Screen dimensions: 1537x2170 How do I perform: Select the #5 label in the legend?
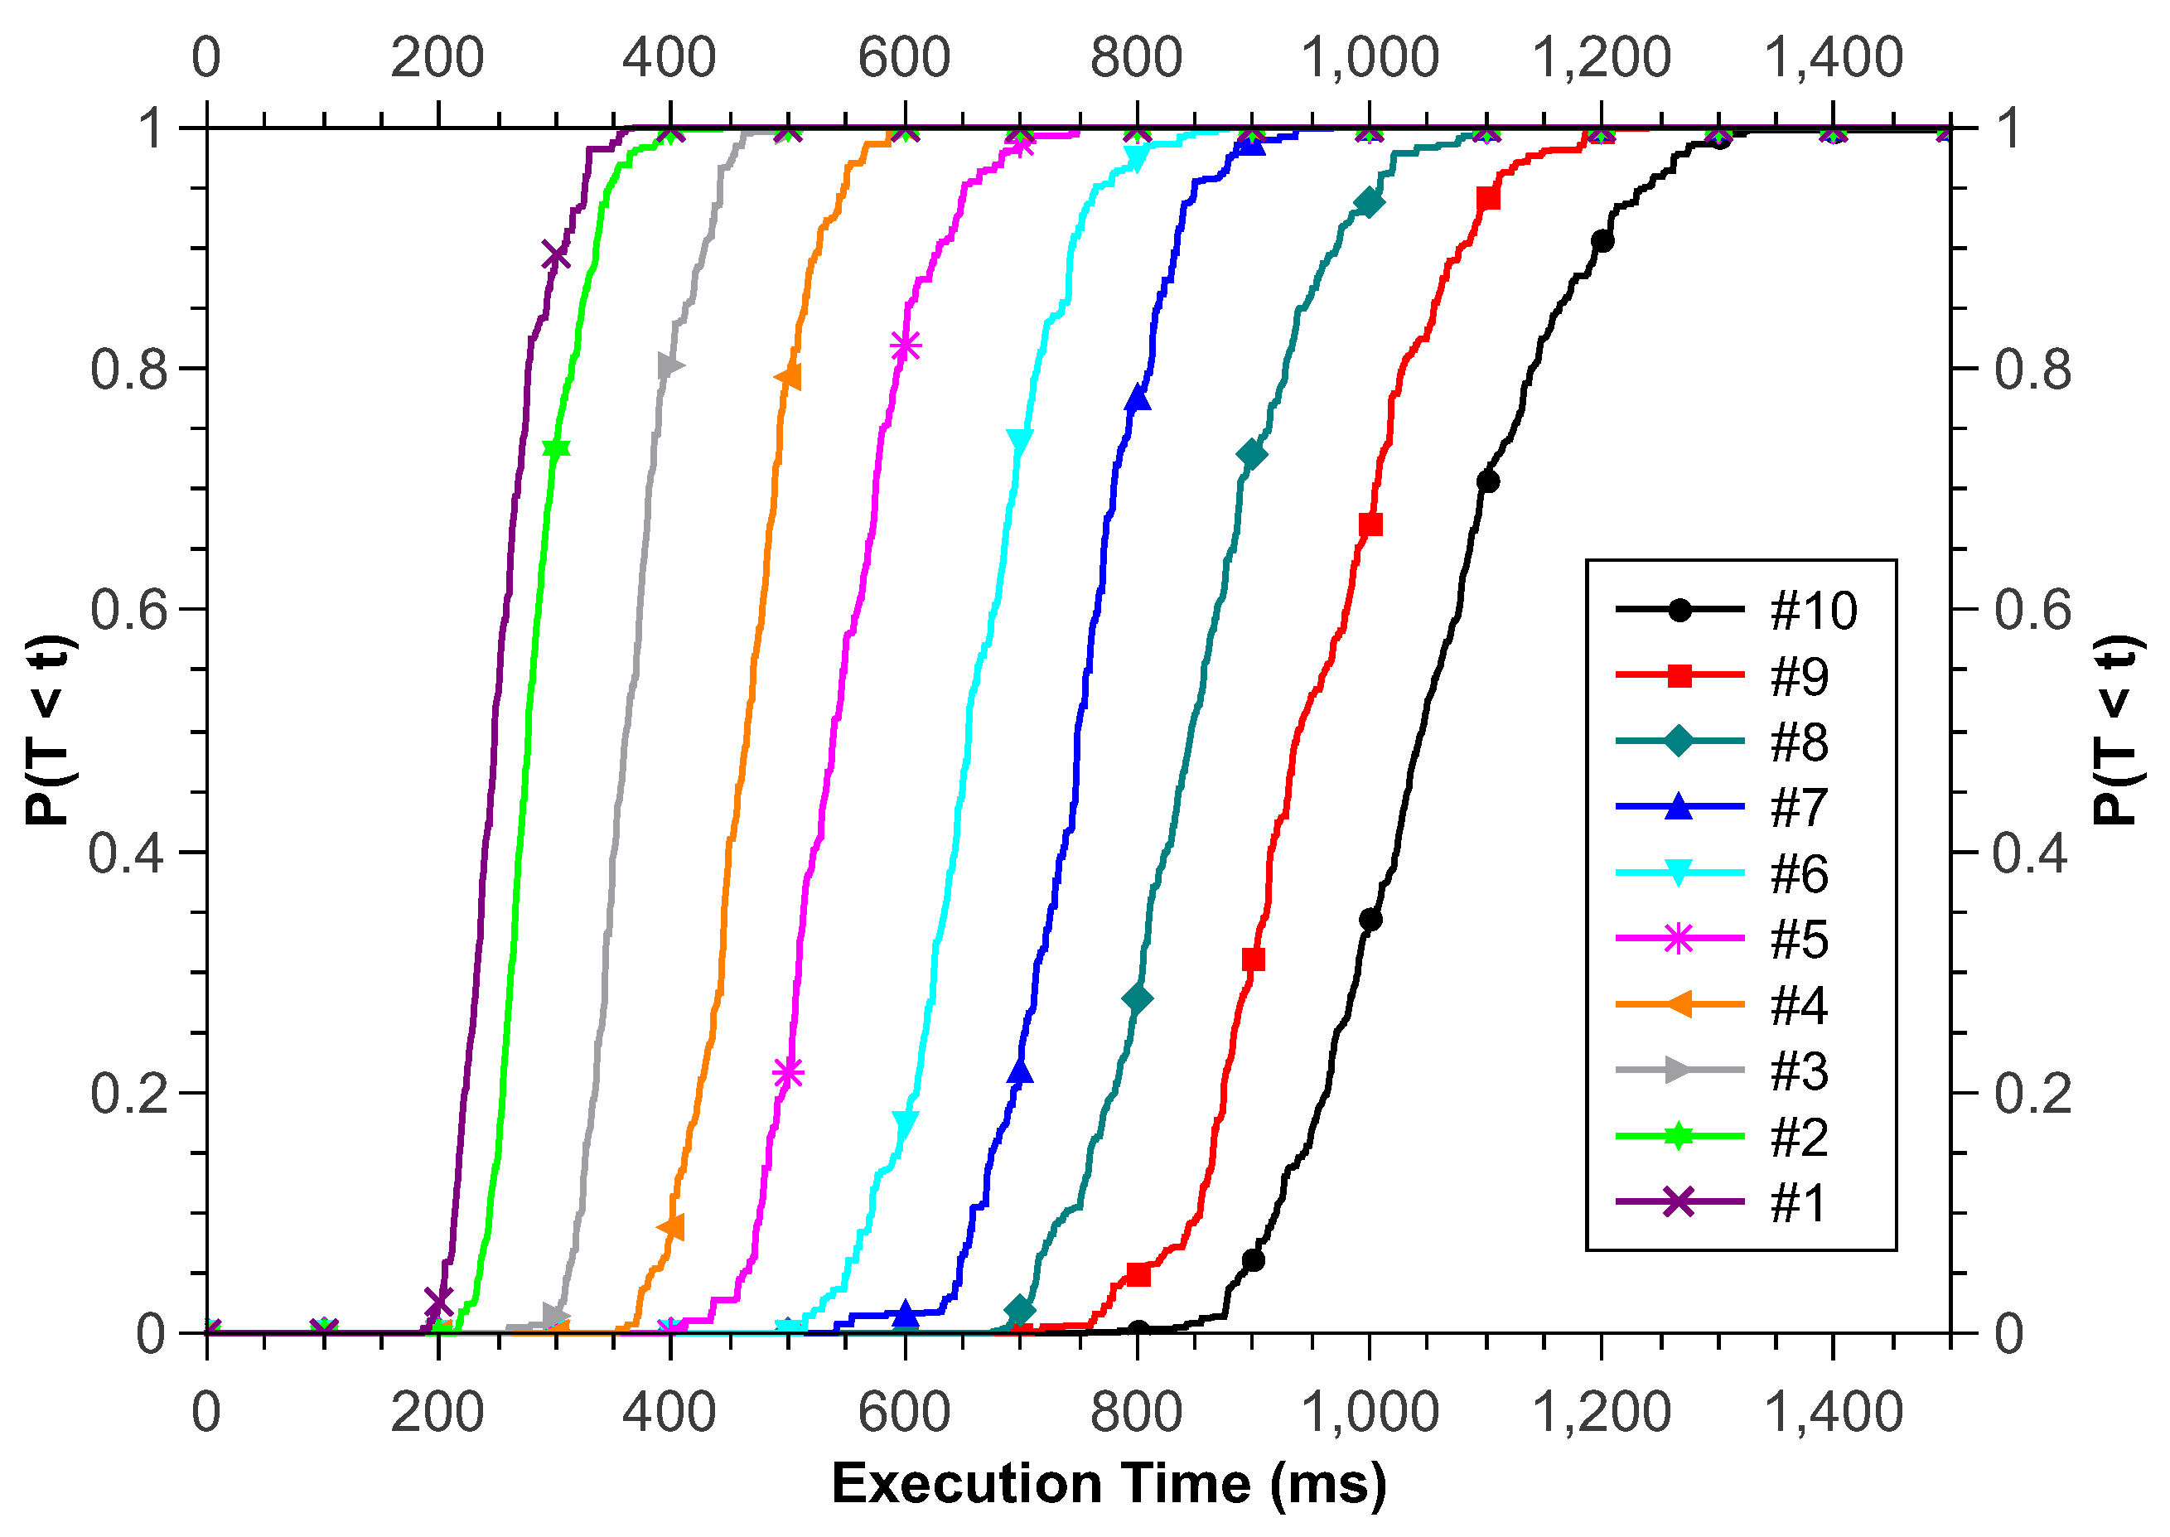point(1799,940)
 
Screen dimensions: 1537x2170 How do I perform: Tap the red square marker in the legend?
point(1679,676)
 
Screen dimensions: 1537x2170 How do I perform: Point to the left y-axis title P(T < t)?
point(49,730)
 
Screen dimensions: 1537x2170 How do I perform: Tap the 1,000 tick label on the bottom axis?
point(1370,1412)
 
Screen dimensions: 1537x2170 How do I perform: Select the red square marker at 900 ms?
point(1253,959)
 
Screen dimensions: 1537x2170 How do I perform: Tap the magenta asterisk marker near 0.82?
point(905,346)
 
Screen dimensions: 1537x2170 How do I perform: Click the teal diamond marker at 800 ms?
point(1138,999)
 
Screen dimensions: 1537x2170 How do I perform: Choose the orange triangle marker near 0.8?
point(788,377)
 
